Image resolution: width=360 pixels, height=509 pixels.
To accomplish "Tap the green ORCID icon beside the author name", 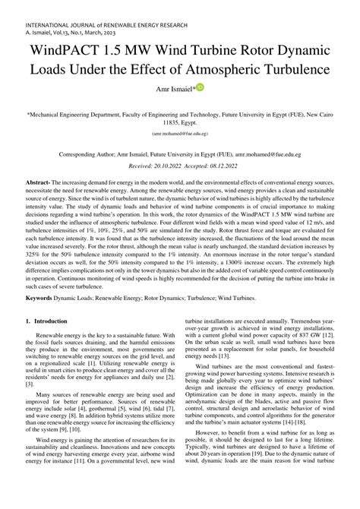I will (200, 89).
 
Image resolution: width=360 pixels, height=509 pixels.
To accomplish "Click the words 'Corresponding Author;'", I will (93, 153).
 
